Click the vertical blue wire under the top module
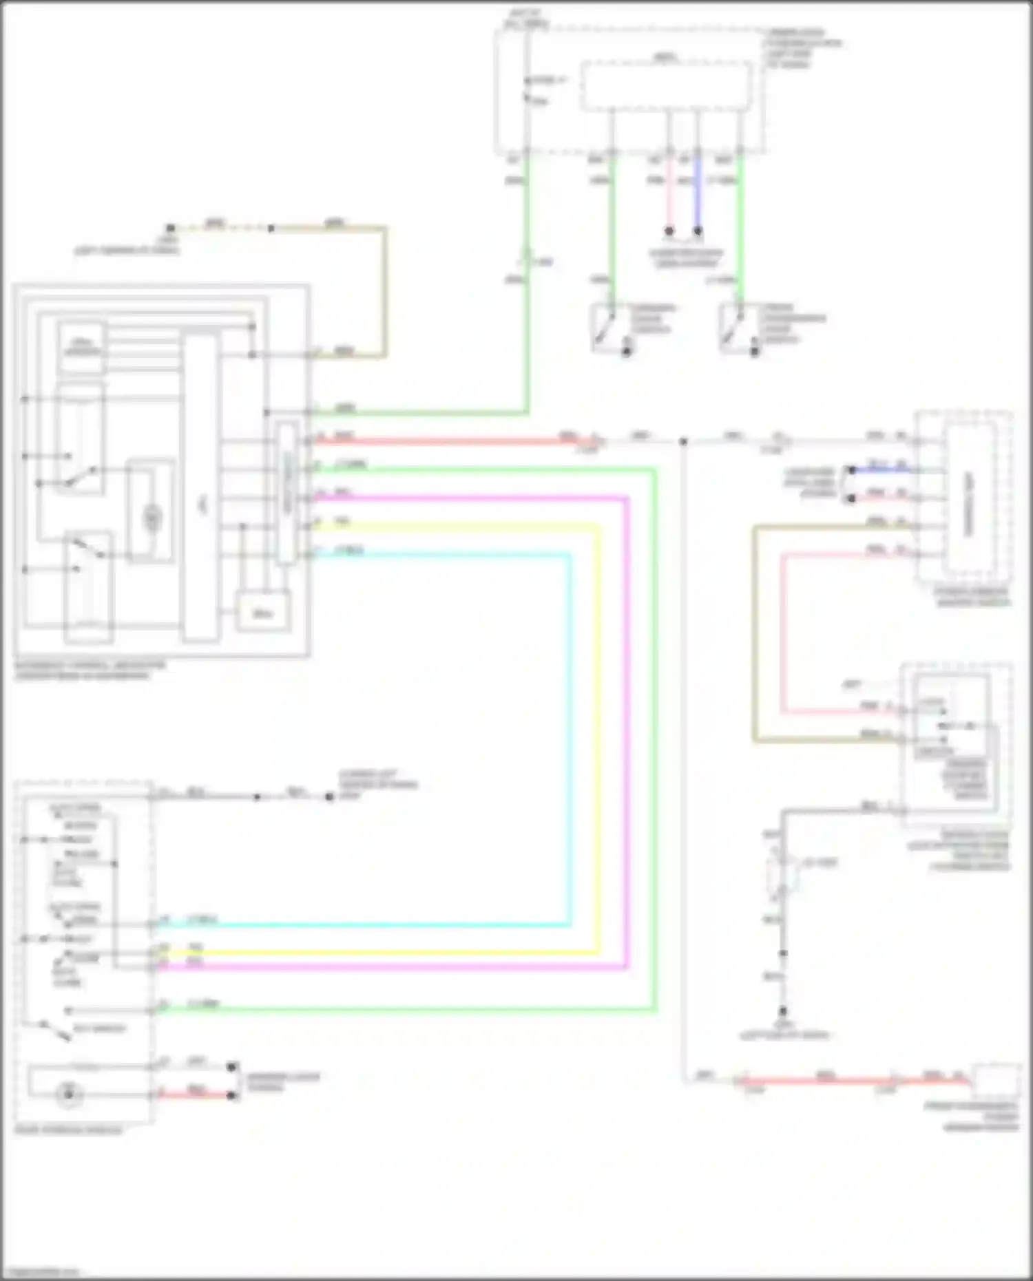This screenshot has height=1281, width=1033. (x=698, y=193)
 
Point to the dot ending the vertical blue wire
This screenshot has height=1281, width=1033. (x=698, y=231)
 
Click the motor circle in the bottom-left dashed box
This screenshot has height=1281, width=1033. (x=69, y=1093)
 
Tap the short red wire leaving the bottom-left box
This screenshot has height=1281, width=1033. (x=196, y=1094)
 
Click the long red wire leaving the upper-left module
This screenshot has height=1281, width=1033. (x=448, y=441)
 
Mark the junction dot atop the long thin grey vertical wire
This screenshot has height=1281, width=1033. (x=683, y=441)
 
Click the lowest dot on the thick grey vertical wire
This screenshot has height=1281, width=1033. (x=783, y=1012)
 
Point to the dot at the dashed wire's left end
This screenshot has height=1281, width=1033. (x=170, y=228)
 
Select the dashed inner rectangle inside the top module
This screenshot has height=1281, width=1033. (x=666, y=86)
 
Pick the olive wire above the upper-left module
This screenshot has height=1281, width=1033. (x=385, y=289)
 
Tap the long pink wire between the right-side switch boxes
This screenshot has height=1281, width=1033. (x=783, y=633)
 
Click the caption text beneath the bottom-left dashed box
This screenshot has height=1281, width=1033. (x=68, y=1130)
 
